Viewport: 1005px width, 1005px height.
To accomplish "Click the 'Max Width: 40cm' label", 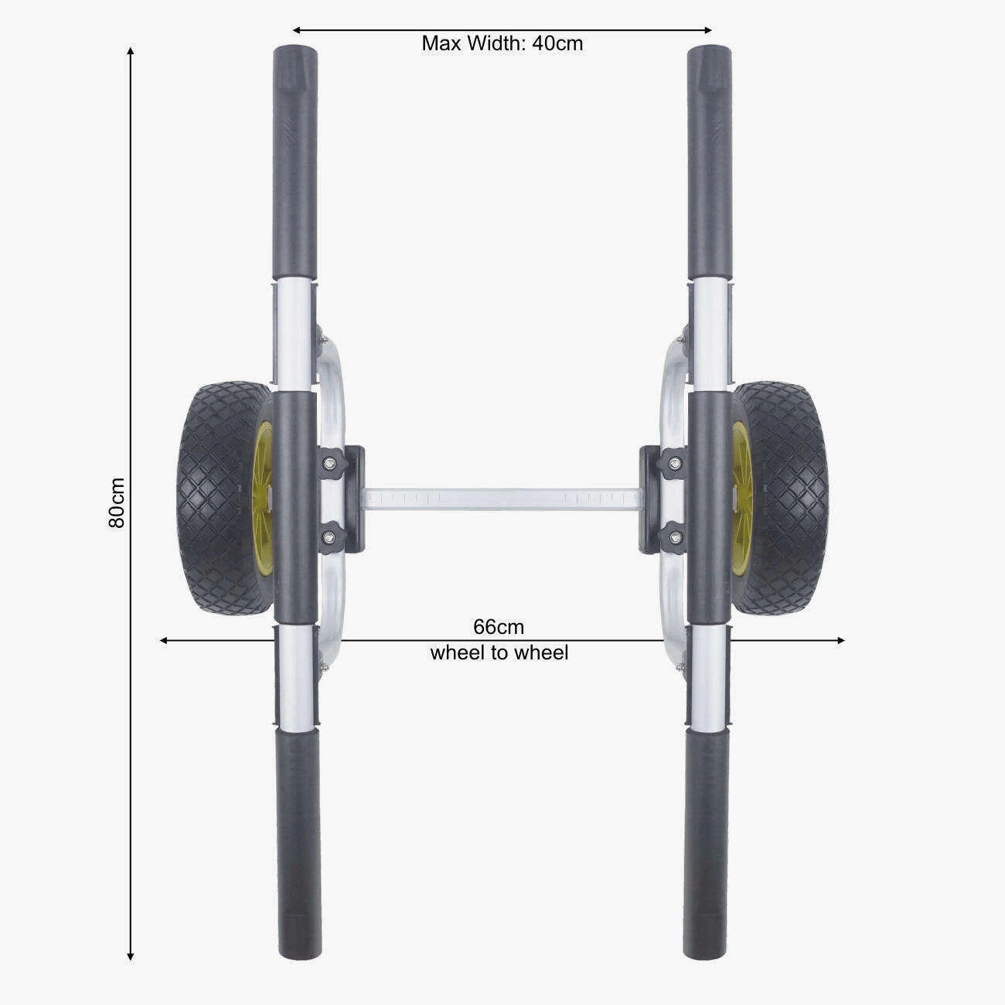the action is coord(502,43).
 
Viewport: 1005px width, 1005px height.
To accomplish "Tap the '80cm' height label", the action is coord(117,502).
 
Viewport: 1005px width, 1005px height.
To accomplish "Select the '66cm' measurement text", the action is coord(499,626).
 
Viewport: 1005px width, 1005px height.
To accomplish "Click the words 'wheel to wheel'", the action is coord(499,653).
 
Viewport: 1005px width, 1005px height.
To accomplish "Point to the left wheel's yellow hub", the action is coord(264,498).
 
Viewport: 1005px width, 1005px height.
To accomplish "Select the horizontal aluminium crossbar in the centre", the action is coord(502,499).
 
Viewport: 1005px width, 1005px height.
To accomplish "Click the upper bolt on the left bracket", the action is coord(329,462).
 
